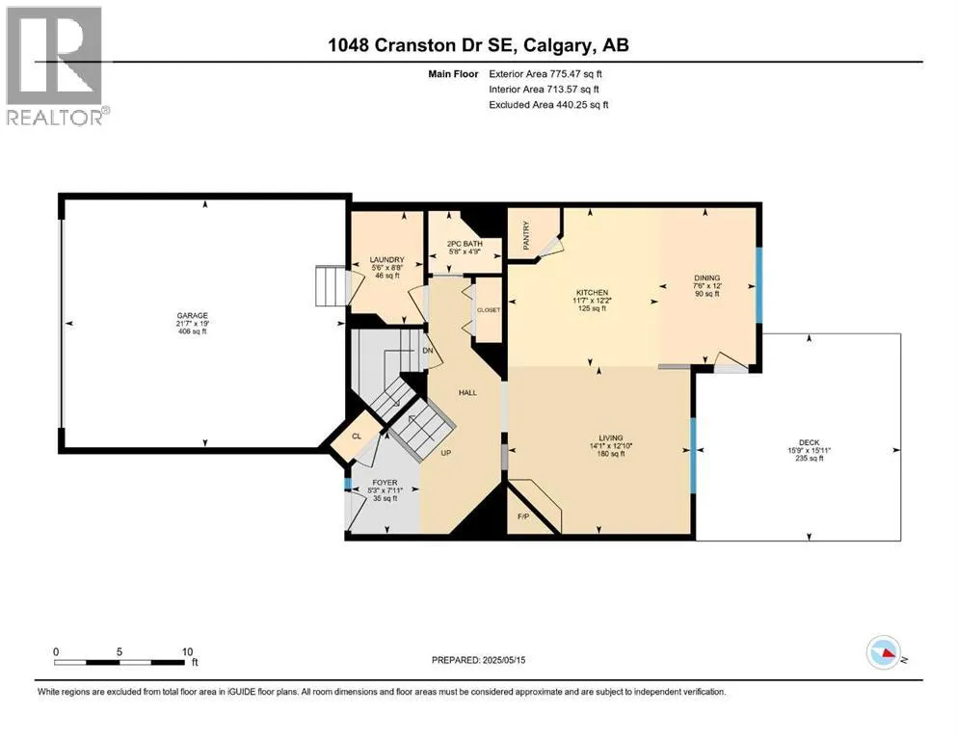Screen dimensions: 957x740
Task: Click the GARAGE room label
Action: (x=192, y=315)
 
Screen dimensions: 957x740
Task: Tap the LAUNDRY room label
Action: (x=387, y=259)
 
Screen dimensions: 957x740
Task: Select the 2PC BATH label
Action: (x=465, y=244)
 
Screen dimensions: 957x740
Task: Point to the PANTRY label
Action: (x=526, y=235)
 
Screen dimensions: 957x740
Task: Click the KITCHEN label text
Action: (x=592, y=292)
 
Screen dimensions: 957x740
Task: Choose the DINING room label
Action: (x=706, y=277)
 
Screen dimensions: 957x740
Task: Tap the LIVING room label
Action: (x=610, y=437)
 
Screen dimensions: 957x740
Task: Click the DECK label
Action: (x=809, y=442)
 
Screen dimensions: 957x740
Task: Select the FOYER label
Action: (x=385, y=483)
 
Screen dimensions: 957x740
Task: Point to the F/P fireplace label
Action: (x=523, y=516)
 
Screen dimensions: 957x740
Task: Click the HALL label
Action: (x=467, y=392)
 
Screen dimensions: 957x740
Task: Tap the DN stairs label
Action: (x=428, y=351)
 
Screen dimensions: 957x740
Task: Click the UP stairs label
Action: (x=445, y=453)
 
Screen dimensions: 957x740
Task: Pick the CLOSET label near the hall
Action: (x=489, y=310)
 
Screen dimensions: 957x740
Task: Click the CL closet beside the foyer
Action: (x=357, y=436)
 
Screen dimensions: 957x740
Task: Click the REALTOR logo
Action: (x=56, y=66)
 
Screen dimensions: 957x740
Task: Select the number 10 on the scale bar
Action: (x=187, y=651)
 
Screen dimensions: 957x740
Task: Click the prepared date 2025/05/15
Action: (x=504, y=660)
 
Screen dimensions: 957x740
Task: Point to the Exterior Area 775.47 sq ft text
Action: (x=545, y=74)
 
